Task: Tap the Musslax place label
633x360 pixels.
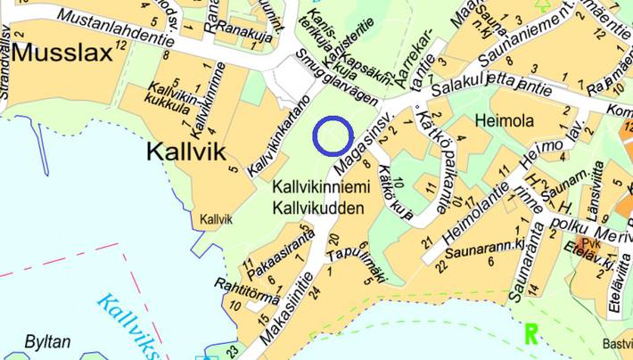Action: pos(63,53)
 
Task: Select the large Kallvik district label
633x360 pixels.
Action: pos(186,151)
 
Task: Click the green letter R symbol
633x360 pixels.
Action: pos(531,335)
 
